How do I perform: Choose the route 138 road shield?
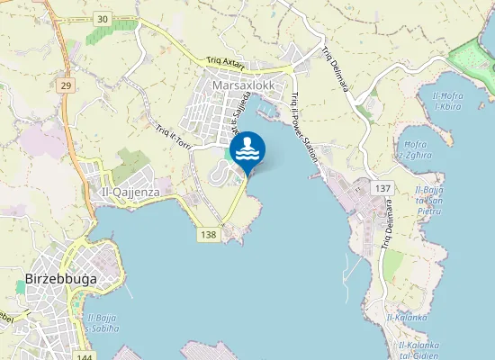pyautogui.click(x=209, y=234)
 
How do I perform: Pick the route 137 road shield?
pyautogui.click(x=383, y=187)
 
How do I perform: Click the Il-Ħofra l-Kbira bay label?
pyautogui.click(x=448, y=101)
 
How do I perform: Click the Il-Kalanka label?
pyautogui.click(x=406, y=317)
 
